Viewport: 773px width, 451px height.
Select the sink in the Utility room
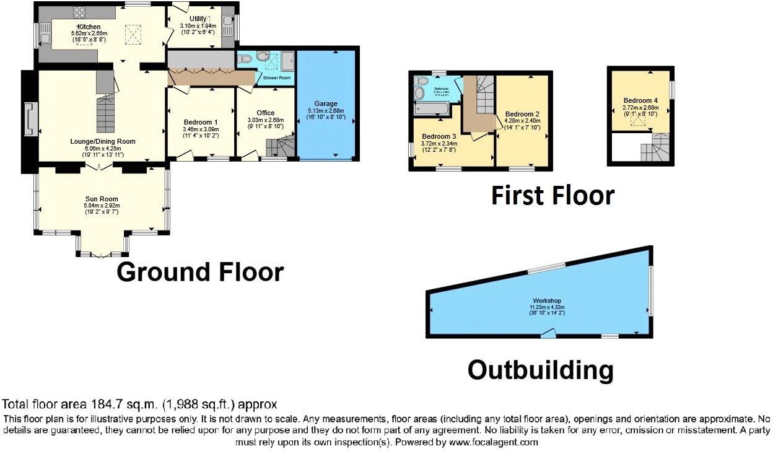coord(228,11)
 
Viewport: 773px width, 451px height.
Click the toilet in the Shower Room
coord(246,59)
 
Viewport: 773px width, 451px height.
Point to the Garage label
coord(325,104)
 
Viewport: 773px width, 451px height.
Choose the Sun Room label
coord(102,199)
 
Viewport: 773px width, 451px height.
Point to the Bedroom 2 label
coord(522,114)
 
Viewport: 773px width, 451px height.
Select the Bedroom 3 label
coord(439,136)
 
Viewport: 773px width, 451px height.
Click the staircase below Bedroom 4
coord(655,150)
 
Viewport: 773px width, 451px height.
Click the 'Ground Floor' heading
coord(200,272)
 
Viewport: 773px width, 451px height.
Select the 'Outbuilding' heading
coord(540,370)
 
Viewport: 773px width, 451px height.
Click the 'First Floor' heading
coord(552,195)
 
